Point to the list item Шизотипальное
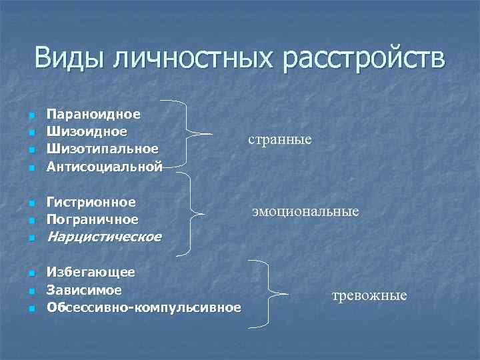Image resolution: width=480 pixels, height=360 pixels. (103, 149)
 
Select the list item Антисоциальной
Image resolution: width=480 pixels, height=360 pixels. (104, 166)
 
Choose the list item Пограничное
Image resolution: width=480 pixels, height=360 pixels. (93, 219)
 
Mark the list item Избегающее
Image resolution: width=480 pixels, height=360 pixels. (91, 272)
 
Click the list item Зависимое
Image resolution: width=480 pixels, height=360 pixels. (84, 290)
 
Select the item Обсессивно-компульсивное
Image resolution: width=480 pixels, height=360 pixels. (144, 307)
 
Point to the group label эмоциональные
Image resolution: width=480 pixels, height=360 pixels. (305, 211)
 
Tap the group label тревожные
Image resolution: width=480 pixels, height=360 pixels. (369, 295)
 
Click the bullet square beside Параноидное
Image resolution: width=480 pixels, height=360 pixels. (31, 115)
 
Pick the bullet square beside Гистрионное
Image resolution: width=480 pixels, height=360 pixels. (31, 203)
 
